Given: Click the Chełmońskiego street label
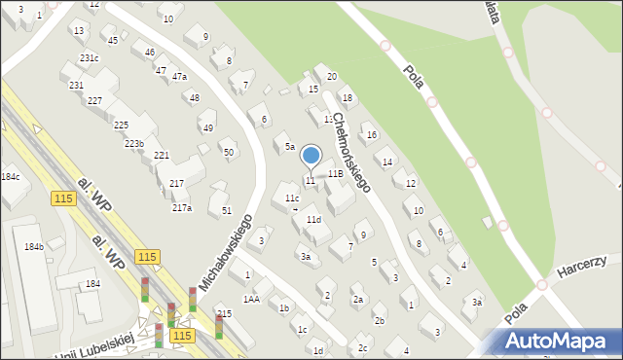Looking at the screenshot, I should tap(351, 152).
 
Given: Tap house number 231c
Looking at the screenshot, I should tap(90, 58).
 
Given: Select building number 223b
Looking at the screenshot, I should tap(134, 144).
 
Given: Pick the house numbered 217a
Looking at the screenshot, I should tap(182, 207).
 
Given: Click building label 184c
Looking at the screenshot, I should tap(10, 177).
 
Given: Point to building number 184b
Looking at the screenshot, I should tap(34, 247).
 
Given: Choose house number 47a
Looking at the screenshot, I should tap(179, 76).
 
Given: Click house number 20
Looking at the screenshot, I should tap(331, 76).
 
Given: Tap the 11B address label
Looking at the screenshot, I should tap(335, 173).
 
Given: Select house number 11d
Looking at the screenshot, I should tap(313, 220).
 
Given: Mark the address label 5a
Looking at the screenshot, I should tap(290, 147).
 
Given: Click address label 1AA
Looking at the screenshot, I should tap(251, 300).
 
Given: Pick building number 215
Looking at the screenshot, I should tap(225, 314).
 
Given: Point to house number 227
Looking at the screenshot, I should tap(94, 101).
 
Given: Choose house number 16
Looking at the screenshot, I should tap(371, 134).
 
